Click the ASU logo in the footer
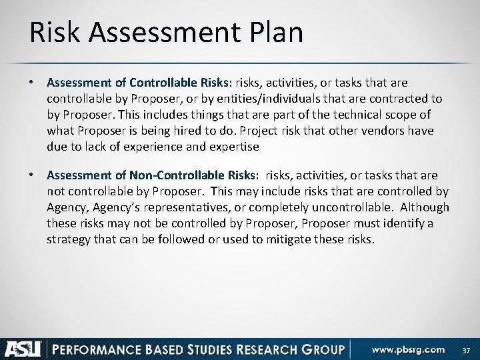pyautogui.click(x=23, y=348)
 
